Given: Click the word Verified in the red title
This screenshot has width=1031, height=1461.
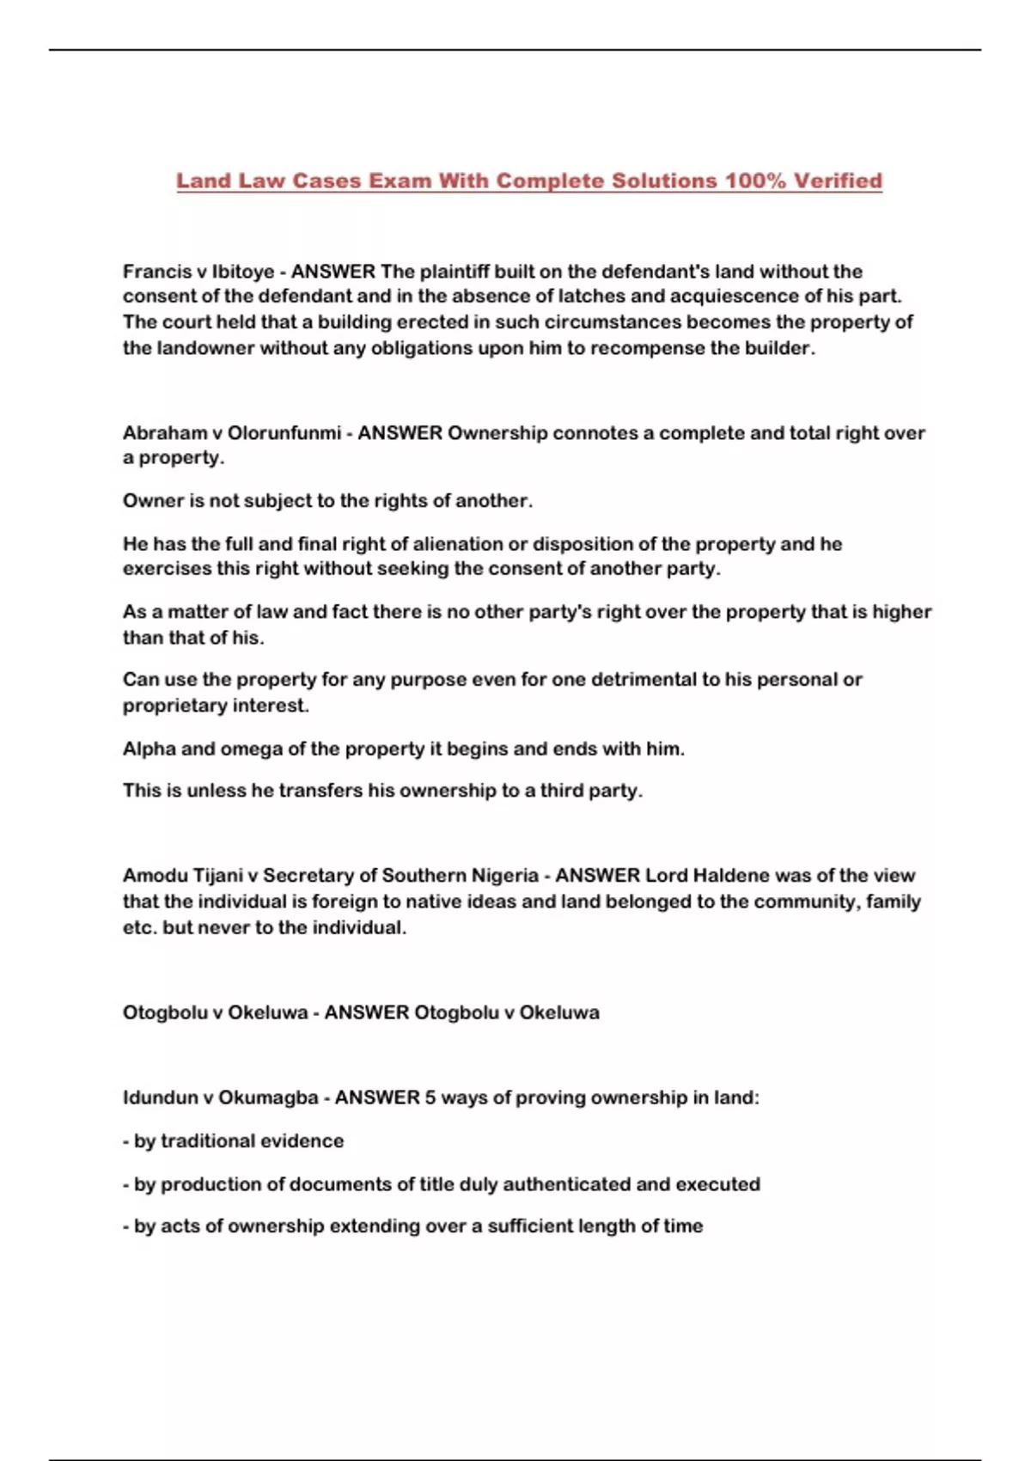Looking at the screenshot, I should [838, 181].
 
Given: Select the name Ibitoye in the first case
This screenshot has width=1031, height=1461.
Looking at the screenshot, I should [243, 272].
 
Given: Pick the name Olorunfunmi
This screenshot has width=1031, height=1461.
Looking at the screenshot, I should [284, 433].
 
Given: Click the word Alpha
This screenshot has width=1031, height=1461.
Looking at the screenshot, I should [149, 749].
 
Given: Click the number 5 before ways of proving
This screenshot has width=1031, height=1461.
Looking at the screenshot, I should [430, 1098].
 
